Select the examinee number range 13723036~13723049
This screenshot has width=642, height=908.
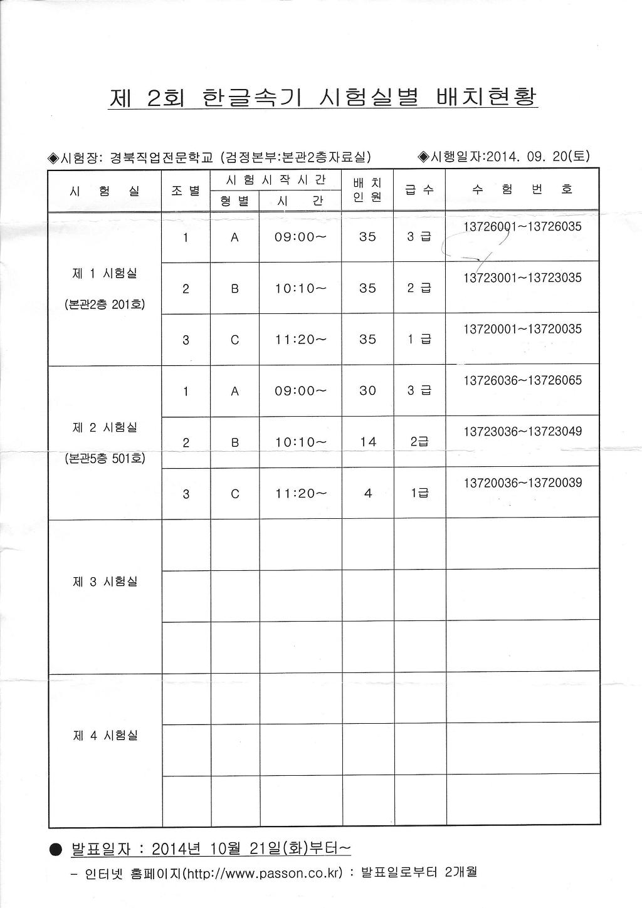click(x=522, y=432)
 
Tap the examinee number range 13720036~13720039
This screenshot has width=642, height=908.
click(x=522, y=483)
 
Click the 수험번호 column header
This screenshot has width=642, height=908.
click(x=522, y=189)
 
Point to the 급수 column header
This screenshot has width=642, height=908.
click(x=419, y=189)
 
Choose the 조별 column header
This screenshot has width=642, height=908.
click(x=186, y=190)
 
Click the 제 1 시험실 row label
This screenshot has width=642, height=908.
click(x=105, y=274)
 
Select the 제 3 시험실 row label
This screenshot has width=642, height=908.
click(x=105, y=582)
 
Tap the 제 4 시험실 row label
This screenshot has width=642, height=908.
click(x=105, y=736)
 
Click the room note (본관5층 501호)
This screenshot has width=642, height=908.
click(x=105, y=459)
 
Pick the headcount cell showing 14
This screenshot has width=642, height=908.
click(x=368, y=442)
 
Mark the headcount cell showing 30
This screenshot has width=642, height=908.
click(x=368, y=390)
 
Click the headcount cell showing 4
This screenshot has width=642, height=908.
click(x=368, y=493)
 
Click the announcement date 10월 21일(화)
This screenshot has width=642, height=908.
click(x=258, y=849)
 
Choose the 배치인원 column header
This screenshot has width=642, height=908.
click(x=368, y=190)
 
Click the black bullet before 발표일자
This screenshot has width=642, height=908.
click(x=55, y=850)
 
